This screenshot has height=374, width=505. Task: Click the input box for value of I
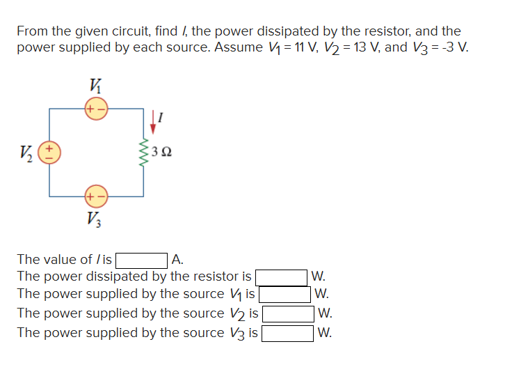pyautogui.click(x=142, y=260)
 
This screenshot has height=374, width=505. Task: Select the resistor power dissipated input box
pyautogui.click(x=282, y=276)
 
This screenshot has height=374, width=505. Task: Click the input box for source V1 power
pyautogui.click(x=284, y=294)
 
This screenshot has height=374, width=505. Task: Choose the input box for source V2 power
pyautogui.click(x=288, y=313)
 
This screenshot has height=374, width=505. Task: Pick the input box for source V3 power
pyautogui.click(x=288, y=332)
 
